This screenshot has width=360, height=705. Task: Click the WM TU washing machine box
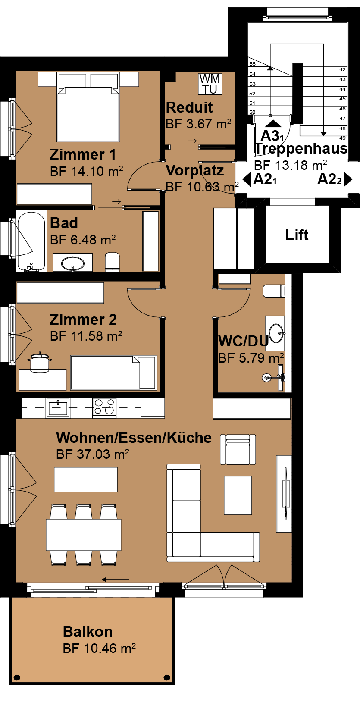click(x=210, y=84)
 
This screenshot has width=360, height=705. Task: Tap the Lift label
click(x=297, y=235)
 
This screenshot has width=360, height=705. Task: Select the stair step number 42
click(x=342, y=69)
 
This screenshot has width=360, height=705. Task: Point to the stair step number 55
click(x=252, y=64)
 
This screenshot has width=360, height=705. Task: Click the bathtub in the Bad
click(x=31, y=241)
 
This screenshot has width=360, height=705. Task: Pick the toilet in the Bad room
click(x=113, y=262)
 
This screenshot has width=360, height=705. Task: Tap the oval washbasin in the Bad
click(x=73, y=263)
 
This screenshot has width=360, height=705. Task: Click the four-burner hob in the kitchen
click(x=104, y=407)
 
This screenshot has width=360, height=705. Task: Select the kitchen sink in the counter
click(x=58, y=407)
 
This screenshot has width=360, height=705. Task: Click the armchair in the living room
click(x=238, y=449)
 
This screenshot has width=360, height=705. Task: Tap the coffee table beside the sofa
click(x=238, y=495)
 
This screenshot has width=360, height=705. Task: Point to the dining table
click(x=84, y=535)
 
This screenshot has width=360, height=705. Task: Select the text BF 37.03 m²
click(x=93, y=454)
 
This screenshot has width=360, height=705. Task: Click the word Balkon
click(x=88, y=632)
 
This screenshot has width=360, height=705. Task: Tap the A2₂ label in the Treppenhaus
click(x=329, y=179)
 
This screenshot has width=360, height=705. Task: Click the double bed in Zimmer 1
click(x=88, y=107)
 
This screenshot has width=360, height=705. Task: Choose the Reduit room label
click(x=189, y=108)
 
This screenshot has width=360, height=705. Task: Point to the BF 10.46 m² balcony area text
click(x=100, y=649)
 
